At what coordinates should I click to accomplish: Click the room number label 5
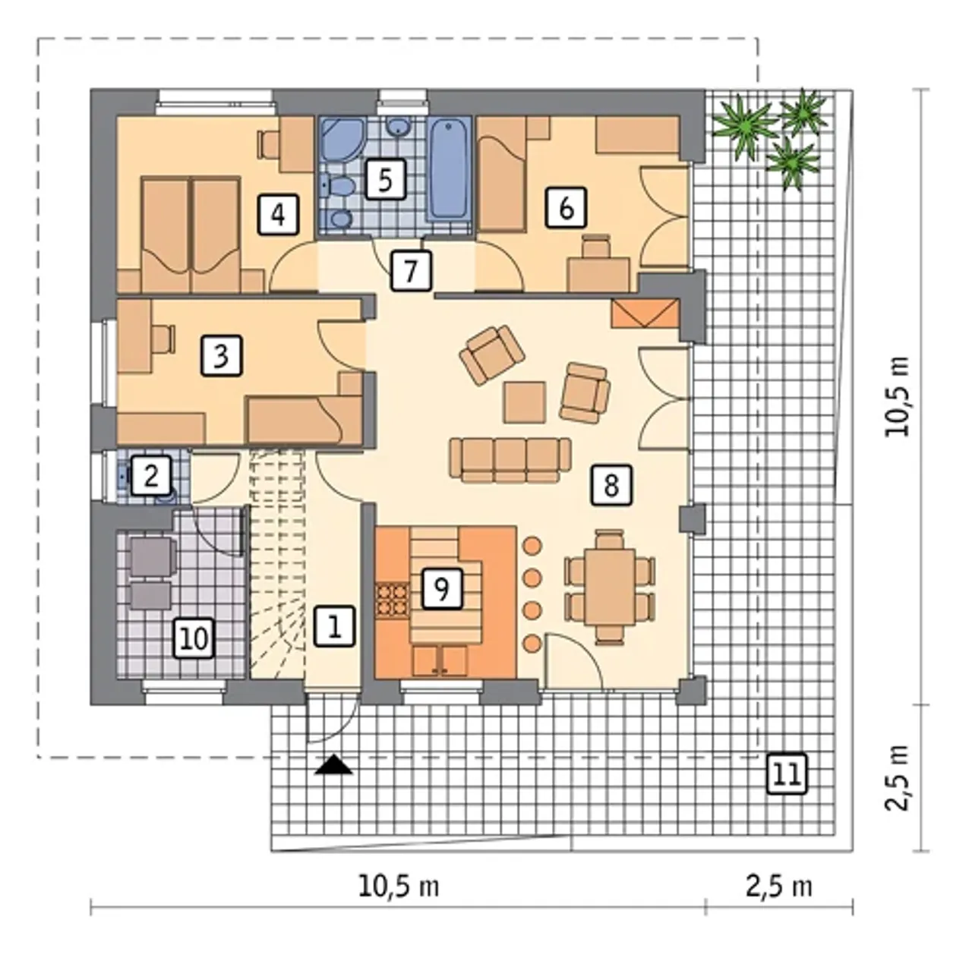(385, 179)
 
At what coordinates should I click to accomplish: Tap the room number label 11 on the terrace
(787, 773)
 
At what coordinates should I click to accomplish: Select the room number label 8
(611, 485)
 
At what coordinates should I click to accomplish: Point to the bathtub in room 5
(449, 169)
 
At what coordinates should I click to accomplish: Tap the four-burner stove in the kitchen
(392, 600)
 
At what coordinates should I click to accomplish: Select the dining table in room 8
(610, 587)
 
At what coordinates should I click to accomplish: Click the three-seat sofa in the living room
(510, 459)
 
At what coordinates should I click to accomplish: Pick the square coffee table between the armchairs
(525, 402)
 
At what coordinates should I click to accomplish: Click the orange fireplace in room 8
(644, 313)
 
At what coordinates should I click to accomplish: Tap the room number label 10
(194, 639)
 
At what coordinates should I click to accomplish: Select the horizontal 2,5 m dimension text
(779, 887)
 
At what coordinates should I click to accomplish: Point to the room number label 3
(222, 356)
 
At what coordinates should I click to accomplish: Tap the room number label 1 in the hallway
(334, 626)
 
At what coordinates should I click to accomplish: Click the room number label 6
(566, 206)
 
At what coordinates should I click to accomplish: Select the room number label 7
(411, 271)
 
